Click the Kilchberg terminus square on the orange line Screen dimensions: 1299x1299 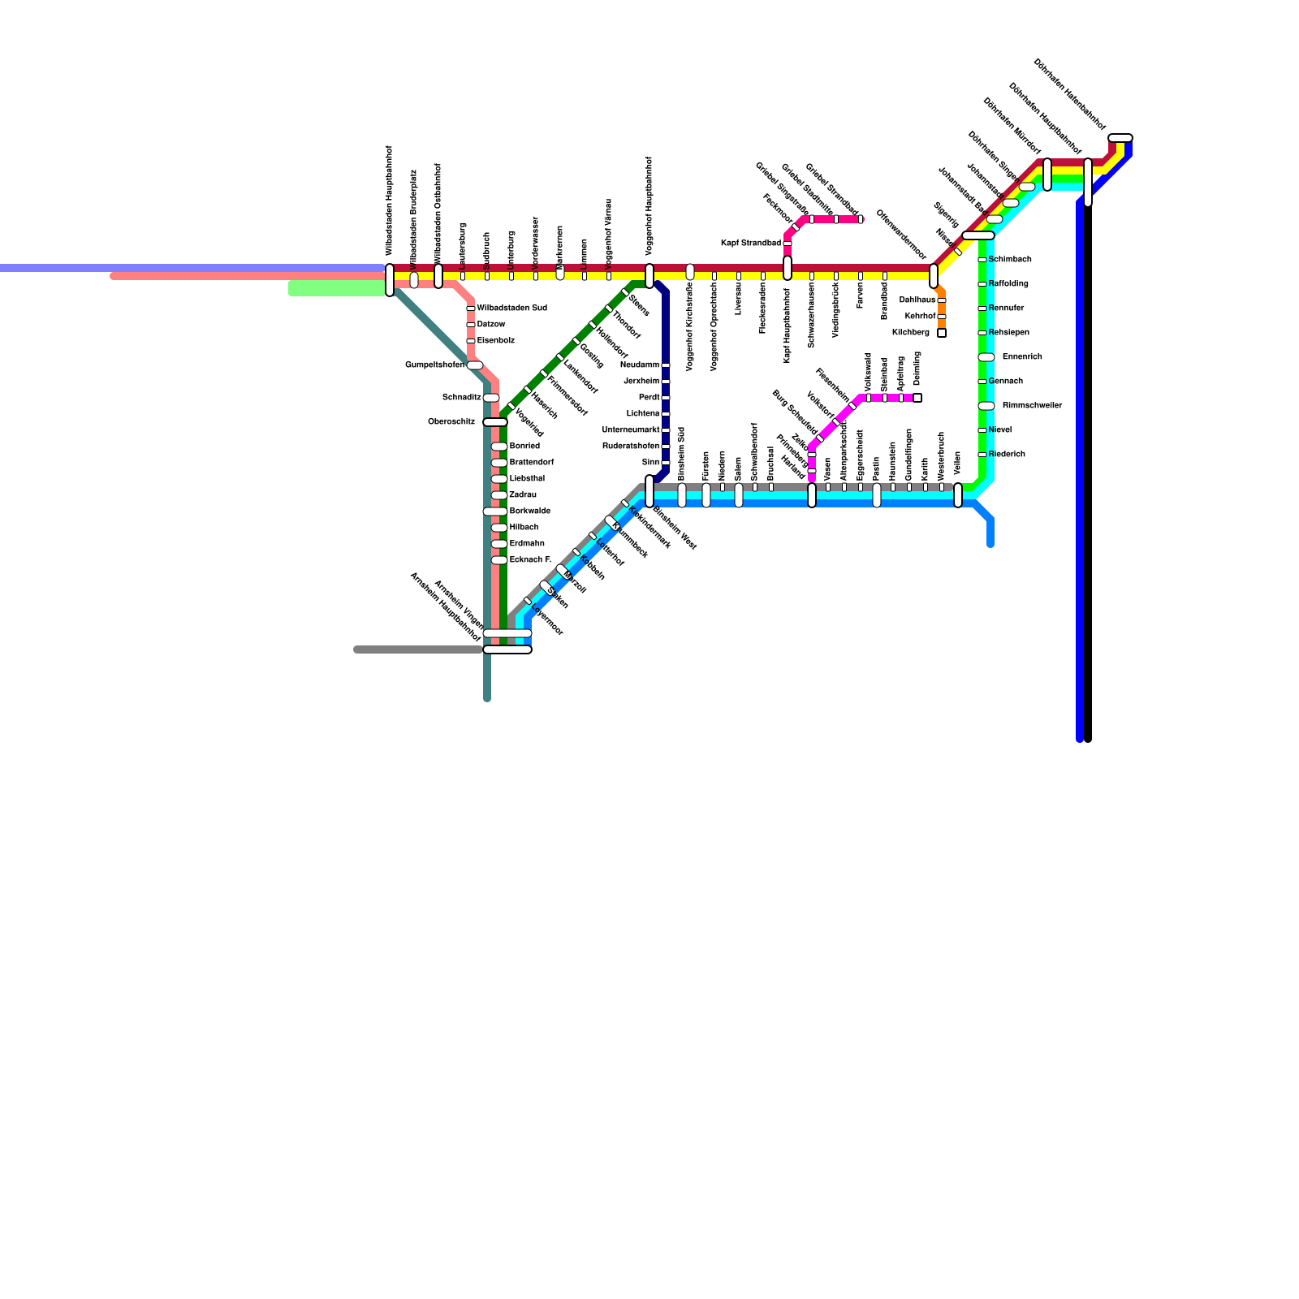(x=942, y=333)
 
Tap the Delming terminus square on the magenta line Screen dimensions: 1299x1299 (x=917, y=398)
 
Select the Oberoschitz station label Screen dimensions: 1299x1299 (x=451, y=422)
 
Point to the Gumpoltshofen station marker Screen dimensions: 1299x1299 (x=474, y=365)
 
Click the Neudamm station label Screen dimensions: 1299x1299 (x=640, y=365)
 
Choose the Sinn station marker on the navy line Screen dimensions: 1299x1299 (x=666, y=463)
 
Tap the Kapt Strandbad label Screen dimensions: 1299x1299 (x=751, y=244)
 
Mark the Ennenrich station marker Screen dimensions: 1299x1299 (x=986, y=357)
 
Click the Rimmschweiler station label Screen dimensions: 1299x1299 (x=1032, y=406)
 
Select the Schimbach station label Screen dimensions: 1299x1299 (x=1010, y=260)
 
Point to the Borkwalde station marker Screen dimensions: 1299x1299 (x=494, y=511)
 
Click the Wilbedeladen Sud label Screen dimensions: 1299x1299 (x=511, y=309)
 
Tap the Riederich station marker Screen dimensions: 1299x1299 (x=982, y=455)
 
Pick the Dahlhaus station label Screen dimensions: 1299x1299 (x=917, y=300)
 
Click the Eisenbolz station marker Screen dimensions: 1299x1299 (x=471, y=341)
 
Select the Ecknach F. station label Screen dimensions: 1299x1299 (x=530, y=560)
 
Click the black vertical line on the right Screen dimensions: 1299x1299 (x=1088, y=487)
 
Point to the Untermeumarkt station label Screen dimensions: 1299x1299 (x=631, y=430)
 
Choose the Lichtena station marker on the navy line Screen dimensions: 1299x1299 (x=666, y=414)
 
